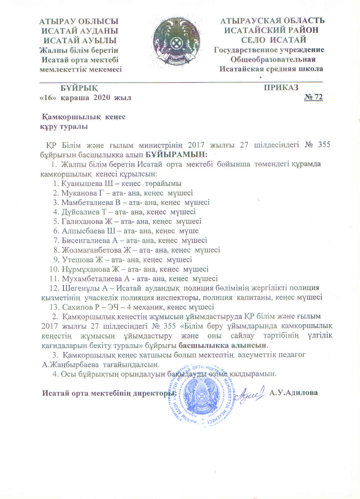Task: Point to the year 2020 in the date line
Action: point(102,97)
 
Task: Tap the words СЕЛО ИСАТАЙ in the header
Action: point(273,40)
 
